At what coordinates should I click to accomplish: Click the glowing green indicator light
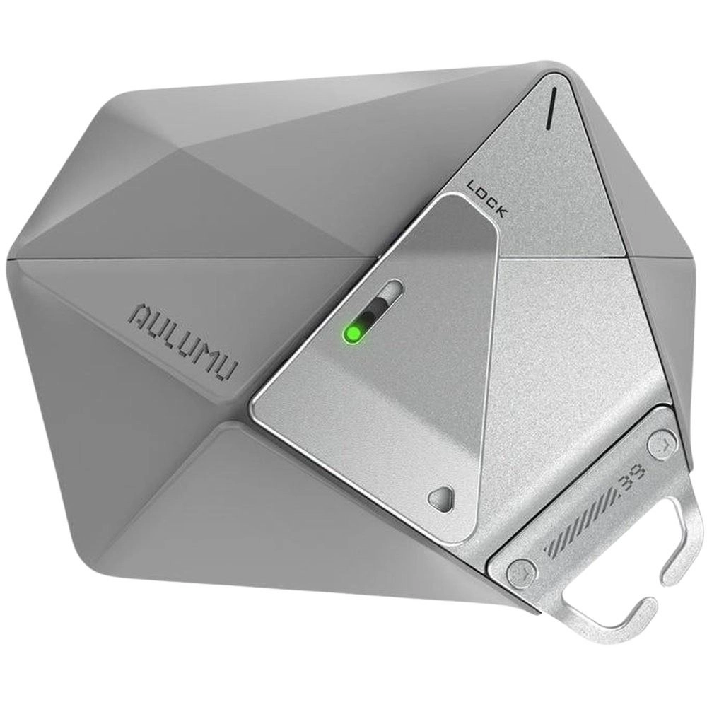click(353, 334)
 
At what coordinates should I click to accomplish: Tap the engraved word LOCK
click(486, 199)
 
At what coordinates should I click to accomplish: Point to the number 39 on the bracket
click(634, 480)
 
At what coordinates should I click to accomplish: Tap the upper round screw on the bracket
click(662, 445)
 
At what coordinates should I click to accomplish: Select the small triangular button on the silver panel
click(440, 498)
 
